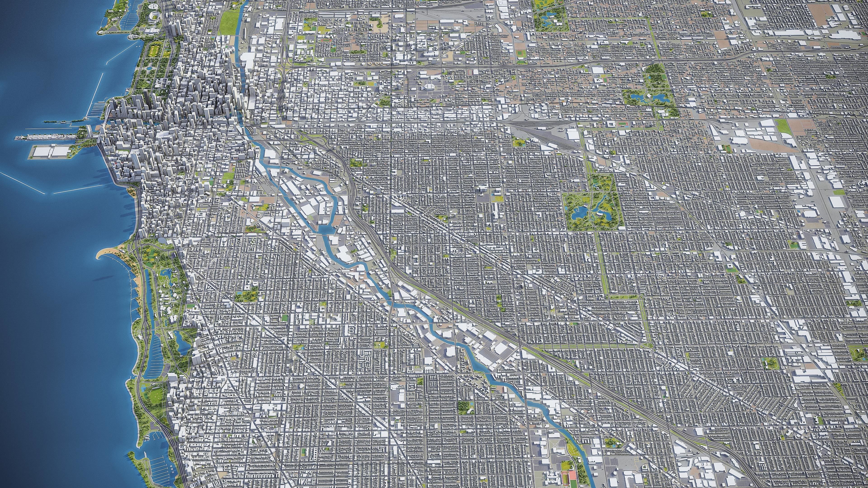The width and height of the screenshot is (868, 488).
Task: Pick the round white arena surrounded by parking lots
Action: point(429,87)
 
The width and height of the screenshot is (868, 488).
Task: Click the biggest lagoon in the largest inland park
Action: point(579,212)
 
